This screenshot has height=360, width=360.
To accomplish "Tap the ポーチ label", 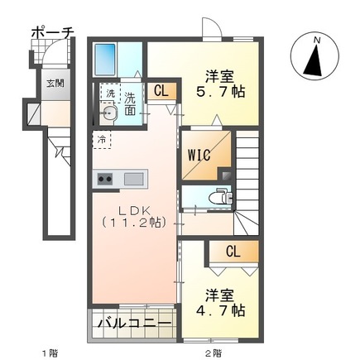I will [51, 33].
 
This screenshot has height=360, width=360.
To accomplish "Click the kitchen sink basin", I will [132, 178].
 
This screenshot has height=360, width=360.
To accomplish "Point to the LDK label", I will [132, 209].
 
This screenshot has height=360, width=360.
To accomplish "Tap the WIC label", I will [200, 154].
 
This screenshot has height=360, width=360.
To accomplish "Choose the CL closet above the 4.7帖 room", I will [234, 252].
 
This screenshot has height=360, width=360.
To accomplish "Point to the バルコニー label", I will [132, 323].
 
